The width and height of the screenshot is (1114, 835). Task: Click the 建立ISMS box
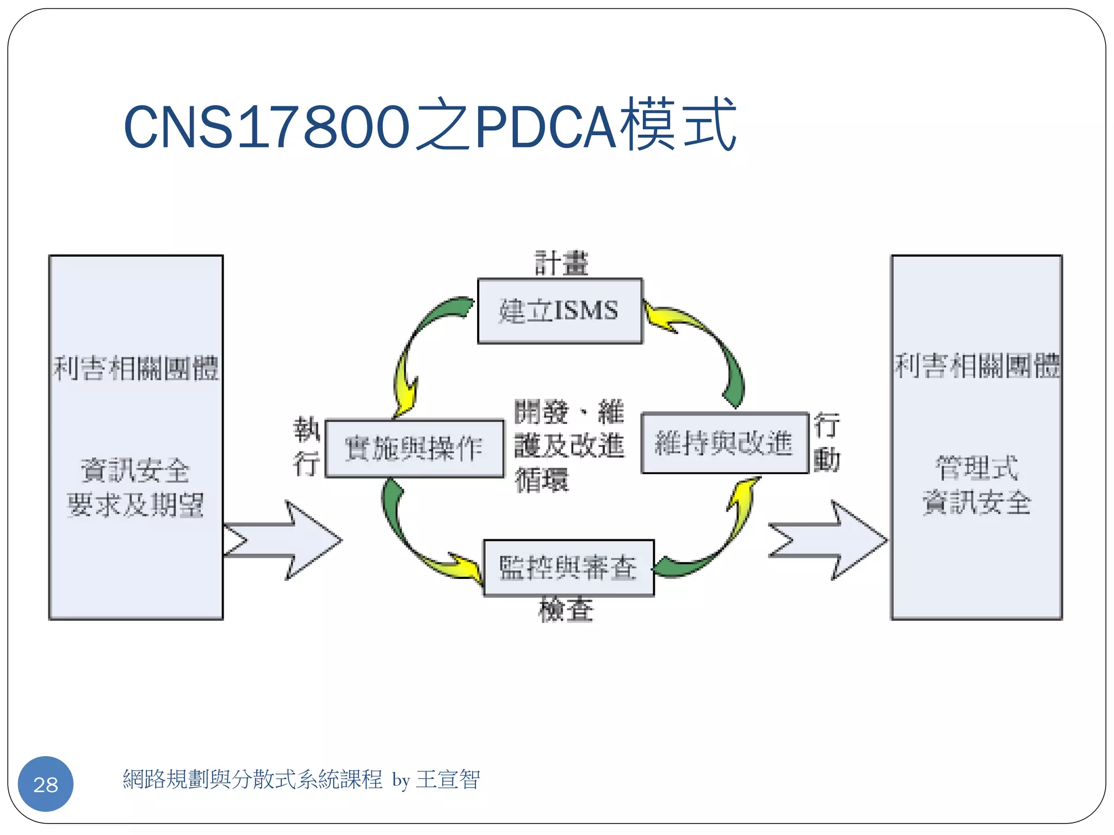[x=560, y=311]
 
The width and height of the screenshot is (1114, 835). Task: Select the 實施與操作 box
[x=414, y=448]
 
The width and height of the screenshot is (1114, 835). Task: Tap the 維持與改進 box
[x=724, y=443]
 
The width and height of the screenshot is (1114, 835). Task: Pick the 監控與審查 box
[x=568, y=568]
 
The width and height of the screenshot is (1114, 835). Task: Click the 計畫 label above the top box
[x=561, y=264]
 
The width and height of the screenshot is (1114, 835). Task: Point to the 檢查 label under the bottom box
[x=566, y=610]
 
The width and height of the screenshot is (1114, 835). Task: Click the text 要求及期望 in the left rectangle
[x=135, y=506]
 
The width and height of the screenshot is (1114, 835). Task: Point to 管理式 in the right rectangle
[x=976, y=469]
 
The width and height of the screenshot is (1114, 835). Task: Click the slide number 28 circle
[x=46, y=784]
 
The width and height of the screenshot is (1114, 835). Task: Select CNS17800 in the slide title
[x=267, y=127]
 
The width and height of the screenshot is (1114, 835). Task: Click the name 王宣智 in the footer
[x=448, y=780]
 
